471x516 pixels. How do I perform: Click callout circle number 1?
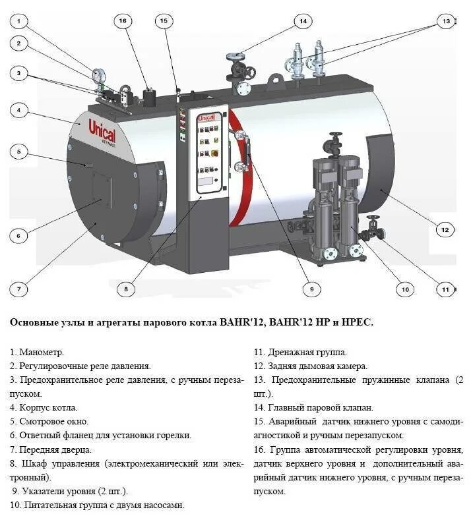coord(19,20)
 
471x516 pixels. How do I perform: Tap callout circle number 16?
coord(122,20)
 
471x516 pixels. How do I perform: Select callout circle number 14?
coord(303,21)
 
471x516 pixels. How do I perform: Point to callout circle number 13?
coord(447,21)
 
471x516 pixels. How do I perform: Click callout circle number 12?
coord(445,229)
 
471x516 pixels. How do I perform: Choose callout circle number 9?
coord(311,288)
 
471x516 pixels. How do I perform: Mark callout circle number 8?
coord(125,288)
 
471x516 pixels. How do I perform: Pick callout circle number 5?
coord(19,152)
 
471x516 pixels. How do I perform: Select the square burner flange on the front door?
coord(103,187)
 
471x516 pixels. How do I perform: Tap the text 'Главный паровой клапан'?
coord(321,407)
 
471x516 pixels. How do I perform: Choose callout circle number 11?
coord(446,288)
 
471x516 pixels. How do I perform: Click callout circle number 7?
coord(19,288)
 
